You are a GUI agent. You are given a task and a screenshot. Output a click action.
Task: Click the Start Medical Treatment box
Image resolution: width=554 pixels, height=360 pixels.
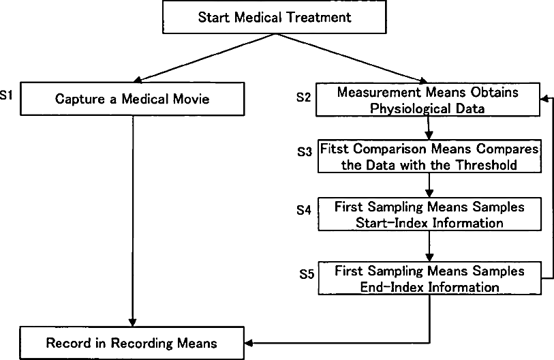coord(275,17)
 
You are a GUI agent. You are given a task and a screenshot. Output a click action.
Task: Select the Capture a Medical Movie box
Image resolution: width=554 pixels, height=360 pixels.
coord(132,99)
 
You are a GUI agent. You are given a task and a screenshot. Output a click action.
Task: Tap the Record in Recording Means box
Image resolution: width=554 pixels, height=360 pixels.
coord(132,343)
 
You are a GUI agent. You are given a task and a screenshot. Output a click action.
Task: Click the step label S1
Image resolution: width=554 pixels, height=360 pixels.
coord(6,95)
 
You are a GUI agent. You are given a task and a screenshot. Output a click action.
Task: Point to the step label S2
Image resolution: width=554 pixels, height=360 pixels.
coord(303,97)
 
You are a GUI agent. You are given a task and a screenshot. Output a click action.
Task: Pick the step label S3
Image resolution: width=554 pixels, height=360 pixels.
coord(305,152)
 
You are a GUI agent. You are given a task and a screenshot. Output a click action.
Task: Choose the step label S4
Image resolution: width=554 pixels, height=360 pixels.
coord(304,210)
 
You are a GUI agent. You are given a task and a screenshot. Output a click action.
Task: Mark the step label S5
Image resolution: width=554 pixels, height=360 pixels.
coord(307,274)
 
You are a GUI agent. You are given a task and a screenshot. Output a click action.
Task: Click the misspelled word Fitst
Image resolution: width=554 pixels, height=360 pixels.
coord(334,149)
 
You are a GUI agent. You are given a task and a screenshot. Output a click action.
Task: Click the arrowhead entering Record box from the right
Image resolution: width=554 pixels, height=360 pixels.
coord(248,343)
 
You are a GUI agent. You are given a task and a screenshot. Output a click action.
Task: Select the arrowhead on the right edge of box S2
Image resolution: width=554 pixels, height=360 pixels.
coord(544,99)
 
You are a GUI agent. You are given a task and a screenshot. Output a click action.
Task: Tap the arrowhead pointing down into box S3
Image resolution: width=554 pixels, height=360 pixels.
coord(429,136)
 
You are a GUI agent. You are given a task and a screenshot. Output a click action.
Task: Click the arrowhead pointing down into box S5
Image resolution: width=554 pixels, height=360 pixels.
coord(429,258)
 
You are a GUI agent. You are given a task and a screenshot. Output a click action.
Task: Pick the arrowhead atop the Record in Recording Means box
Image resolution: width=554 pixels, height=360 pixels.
coord(132,322)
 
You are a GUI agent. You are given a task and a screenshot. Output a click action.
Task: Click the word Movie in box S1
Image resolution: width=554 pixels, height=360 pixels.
coord(193,99)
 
